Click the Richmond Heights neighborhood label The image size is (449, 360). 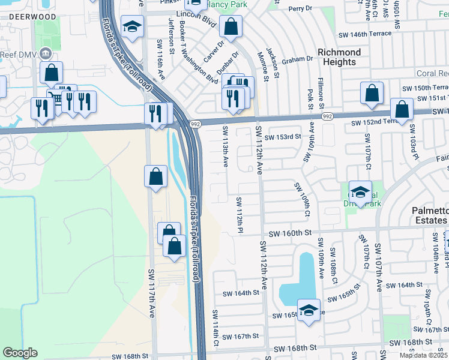334,57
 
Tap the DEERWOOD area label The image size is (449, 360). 33,17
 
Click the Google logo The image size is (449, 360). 20,353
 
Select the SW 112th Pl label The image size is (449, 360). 239,215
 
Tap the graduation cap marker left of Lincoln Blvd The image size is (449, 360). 131,27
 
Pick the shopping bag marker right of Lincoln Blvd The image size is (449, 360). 230,26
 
